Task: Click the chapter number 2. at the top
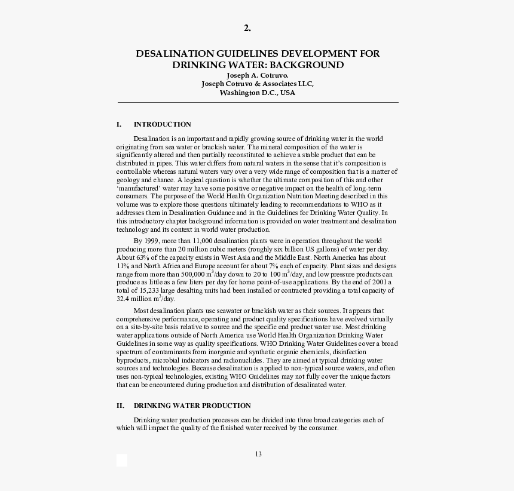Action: pyautogui.click(x=247, y=28)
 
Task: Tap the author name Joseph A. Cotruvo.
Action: pyautogui.click(x=258, y=75)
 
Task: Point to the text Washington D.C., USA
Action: pyautogui.click(x=258, y=93)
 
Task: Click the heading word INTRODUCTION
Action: pyautogui.click(x=162, y=124)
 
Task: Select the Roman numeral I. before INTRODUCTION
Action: pyautogui.click(x=120, y=124)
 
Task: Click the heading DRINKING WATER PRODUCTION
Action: pyautogui.click(x=192, y=406)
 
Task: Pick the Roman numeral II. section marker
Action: pyautogui.click(x=121, y=406)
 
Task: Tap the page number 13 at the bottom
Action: pyautogui.click(x=258, y=454)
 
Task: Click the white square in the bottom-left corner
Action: pyautogui.click(x=122, y=460)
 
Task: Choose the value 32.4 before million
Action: pyautogui.click(x=123, y=299)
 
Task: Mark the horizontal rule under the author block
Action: pyautogui.click(x=258, y=103)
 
